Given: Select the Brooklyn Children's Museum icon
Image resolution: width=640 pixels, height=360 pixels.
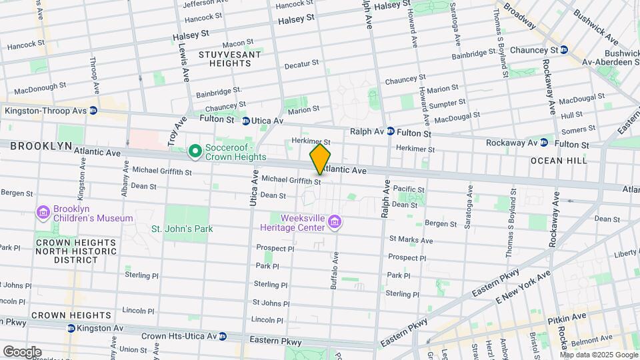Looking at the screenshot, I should click(44, 213).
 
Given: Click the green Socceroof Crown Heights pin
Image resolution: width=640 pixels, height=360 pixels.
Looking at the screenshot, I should click(195, 152).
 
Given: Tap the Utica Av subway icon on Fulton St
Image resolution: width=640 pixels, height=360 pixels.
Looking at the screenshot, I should click(246, 121).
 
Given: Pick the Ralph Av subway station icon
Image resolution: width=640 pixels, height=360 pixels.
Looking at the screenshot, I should click(391, 131).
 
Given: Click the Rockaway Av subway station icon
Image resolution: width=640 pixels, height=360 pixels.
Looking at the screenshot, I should click(544, 142).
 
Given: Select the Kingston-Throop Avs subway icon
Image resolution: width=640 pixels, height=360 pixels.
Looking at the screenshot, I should click(93, 111).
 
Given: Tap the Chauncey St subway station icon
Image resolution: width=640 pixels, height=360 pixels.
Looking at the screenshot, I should click(564, 49).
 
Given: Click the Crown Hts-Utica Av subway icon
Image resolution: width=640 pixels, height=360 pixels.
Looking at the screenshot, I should click(223, 337).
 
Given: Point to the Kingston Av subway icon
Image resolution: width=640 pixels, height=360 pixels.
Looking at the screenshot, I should click(71, 328).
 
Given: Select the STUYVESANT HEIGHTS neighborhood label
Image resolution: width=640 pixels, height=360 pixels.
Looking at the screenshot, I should click(225, 58).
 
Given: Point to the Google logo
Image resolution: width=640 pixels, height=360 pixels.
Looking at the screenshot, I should click(22, 351).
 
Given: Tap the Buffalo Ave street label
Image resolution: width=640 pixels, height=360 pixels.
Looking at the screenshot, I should click(334, 269).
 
